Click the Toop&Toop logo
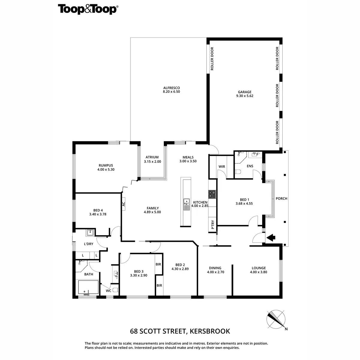click(x=87, y=9)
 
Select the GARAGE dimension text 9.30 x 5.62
click(x=244, y=96)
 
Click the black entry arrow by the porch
click(x=271, y=238)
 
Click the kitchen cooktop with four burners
click(x=212, y=194)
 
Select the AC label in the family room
click(x=123, y=204)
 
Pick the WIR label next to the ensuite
click(x=222, y=166)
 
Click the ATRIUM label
click(x=152, y=157)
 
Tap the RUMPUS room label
click(x=106, y=165)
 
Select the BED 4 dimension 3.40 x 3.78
click(x=98, y=214)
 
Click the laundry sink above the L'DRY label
click(x=90, y=232)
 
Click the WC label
click(x=108, y=291)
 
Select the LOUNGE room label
click(x=259, y=268)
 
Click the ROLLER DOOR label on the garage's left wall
click(x=212, y=59)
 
